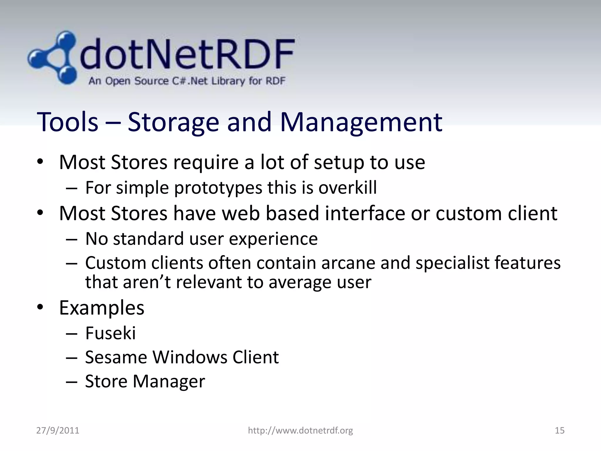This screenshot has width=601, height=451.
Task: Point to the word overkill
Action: pyautogui.click(x=347, y=188)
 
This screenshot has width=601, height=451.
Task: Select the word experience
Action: pyautogui.click(x=273, y=239)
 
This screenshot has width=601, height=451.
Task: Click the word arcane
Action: pyautogui.click(x=348, y=263)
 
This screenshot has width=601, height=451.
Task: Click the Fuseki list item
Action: pyautogui.click(x=110, y=333)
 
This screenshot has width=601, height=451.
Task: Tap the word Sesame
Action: pyautogui.click(x=116, y=357)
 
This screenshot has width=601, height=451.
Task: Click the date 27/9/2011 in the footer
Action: pyautogui.click(x=58, y=430)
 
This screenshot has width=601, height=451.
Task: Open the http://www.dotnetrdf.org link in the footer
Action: pyautogui.click(x=300, y=430)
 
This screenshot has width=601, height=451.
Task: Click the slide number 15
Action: pyautogui.click(x=560, y=430)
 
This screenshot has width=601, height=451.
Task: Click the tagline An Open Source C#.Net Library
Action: pyautogui.click(x=187, y=81)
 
